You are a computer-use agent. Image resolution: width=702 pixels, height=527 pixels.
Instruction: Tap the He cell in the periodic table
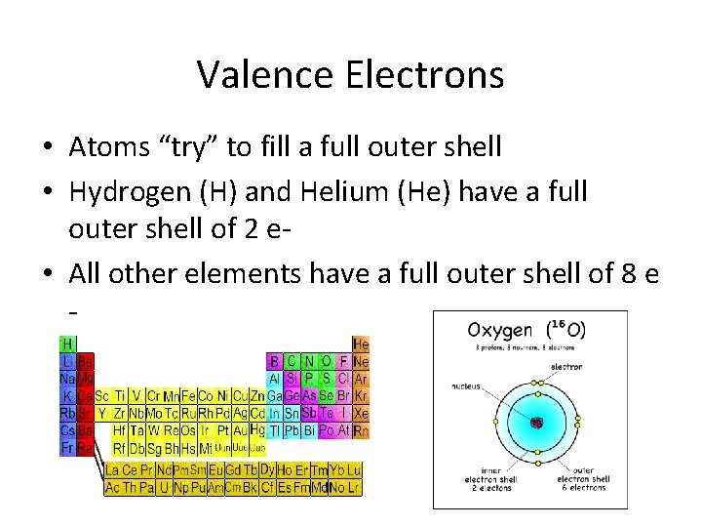[x=361, y=345]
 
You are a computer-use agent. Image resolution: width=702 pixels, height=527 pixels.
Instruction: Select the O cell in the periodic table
[x=326, y=361]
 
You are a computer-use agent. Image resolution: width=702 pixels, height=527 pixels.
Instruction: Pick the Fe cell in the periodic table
[x=188, y=396]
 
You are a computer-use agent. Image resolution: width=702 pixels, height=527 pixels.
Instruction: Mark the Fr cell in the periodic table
[x=68, y=448]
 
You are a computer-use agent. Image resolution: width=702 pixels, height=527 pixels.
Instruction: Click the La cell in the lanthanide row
[x=113, y=470]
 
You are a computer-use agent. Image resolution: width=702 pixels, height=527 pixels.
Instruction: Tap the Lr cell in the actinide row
[x=352, y=487]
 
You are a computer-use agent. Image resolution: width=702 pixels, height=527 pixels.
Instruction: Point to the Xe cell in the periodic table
[x=361, y=413]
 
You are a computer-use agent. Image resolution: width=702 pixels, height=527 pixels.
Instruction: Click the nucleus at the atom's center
[x=536, y=422]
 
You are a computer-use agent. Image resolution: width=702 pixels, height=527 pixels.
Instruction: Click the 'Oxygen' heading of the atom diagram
[x=499, y=330]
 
